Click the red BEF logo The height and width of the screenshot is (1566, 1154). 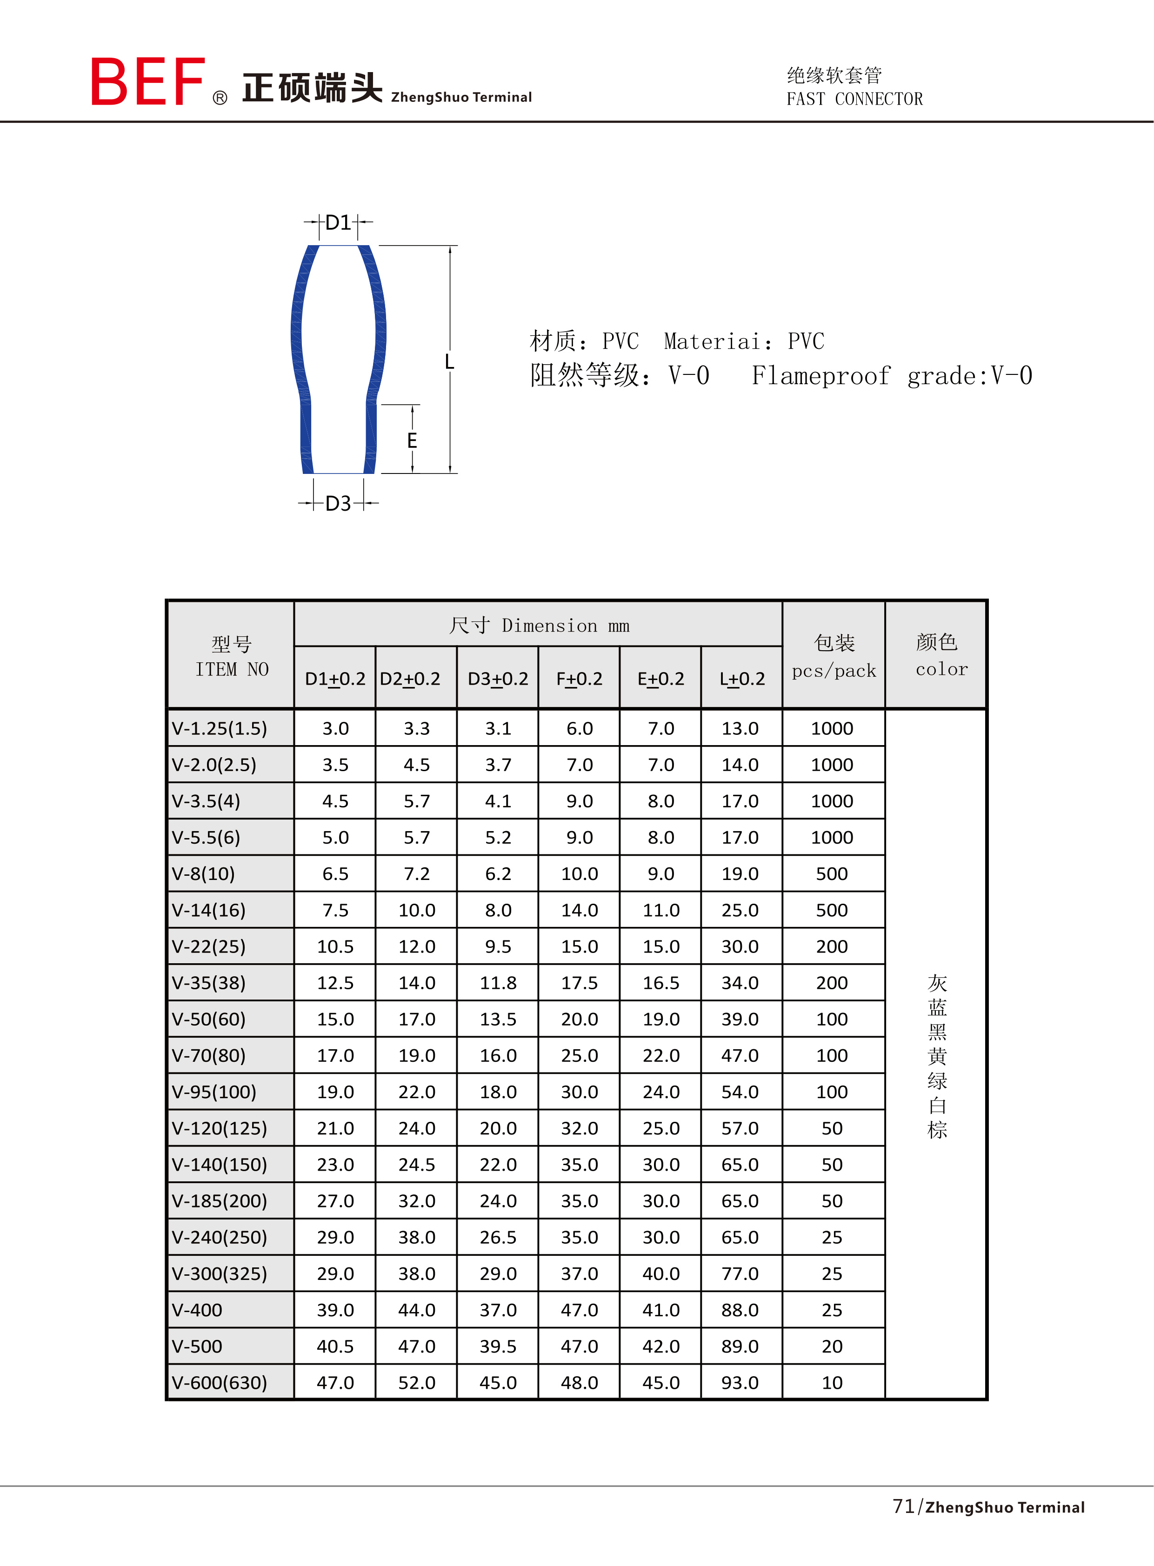(148, 82)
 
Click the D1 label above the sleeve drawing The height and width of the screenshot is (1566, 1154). (338, 223)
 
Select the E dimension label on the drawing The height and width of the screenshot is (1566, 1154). (412, 441)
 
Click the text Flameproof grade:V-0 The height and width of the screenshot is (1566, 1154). (891, 376)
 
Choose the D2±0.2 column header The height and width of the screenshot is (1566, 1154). (410, 679)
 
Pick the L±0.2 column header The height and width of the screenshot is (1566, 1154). (742, 679)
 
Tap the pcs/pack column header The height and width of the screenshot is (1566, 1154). (834, 671)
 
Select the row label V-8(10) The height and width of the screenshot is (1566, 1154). (203, 874)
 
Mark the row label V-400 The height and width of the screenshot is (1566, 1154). (197, 1310)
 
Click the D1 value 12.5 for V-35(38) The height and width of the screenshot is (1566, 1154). (335, 983)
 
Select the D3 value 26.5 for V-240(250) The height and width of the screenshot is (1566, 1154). (498, 1237)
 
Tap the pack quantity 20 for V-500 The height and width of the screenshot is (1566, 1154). (832, 1346)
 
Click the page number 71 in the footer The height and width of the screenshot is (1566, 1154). (903, 1506)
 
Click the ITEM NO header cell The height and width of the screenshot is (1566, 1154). (232, 669)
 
